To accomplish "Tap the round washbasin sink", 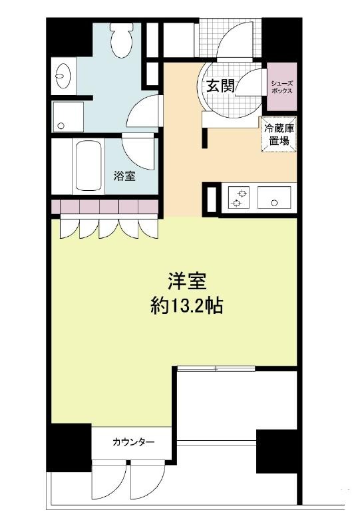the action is (63, 76).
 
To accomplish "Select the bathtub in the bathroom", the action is (89, 166).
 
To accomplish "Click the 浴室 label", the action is (124, 176).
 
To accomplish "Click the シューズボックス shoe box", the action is (282, 87).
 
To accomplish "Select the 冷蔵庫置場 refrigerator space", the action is (279, 134).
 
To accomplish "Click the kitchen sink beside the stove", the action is (274, 198).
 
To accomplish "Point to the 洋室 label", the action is (188, 281).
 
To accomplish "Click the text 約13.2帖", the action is (186, 307).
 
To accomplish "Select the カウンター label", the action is (133, 442).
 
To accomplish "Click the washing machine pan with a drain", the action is (68, 117).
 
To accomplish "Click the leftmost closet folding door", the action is (69, 229).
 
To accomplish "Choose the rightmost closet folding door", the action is (148, 229).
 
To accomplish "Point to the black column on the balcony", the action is (277, 452).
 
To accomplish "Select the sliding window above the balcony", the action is (216, 368).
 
